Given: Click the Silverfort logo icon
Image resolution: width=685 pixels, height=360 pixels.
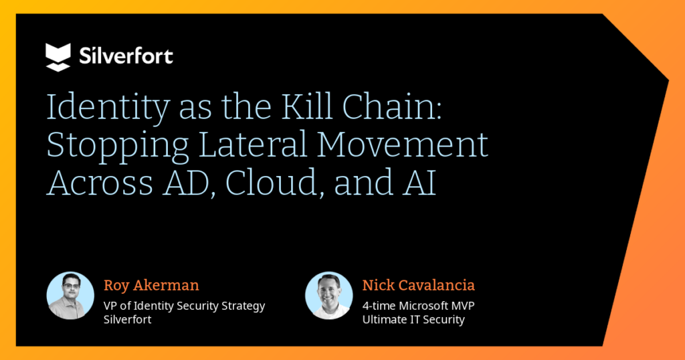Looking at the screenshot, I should coord(58,57).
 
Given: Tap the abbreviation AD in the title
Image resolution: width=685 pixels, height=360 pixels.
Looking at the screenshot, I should coord(182,182).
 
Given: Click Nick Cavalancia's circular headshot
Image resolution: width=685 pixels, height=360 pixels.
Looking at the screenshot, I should coord(329,296).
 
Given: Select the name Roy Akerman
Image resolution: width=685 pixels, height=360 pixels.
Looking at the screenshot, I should coord(151,286).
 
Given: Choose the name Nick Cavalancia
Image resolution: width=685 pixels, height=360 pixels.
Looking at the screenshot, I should coord(419,286).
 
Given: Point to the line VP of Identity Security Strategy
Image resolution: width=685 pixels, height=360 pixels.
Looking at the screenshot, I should coord(184,306).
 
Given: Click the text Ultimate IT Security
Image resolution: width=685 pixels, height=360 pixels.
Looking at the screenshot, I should coord(413,320).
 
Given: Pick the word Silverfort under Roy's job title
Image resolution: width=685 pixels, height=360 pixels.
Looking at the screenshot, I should coord(128,320).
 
